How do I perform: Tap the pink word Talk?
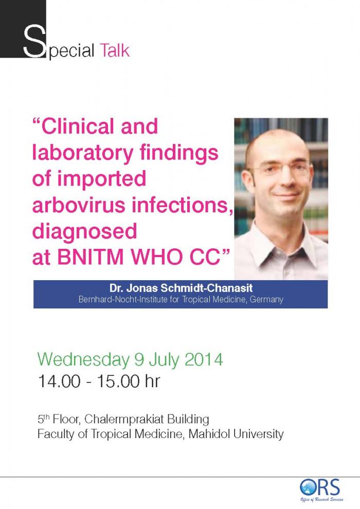pyautogui.click(x=115, y=50)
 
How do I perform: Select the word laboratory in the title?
pyautogui.click(x=83, y=153)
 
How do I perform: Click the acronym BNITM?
pyautogui.click(x=91, y=258)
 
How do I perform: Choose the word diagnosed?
pyautogui.click(x=84, y=232)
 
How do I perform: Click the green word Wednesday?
pyautogui.click(x=83, y=360)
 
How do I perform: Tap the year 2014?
pyautogui.click(x=204, y=360)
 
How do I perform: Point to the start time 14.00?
pyautogui.click(x=59, y=381)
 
